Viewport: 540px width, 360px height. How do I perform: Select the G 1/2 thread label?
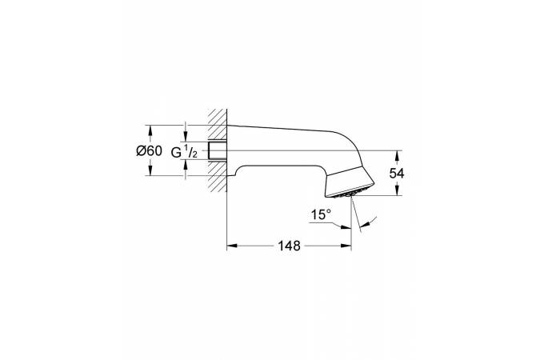point(188,152)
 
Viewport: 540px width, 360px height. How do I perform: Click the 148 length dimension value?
point(290,247)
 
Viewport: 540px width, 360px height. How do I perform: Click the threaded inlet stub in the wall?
point(217,151)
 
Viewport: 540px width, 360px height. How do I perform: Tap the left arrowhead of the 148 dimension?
point(231,248)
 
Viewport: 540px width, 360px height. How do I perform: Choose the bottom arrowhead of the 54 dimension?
point(396,192)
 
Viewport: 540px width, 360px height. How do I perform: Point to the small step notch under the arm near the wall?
point(234,170)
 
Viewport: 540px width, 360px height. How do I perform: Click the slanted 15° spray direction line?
point(358,218)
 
